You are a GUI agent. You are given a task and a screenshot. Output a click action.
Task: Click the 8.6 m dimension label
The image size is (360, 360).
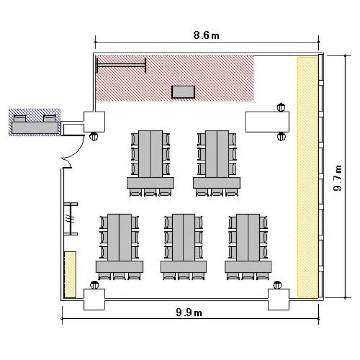206,35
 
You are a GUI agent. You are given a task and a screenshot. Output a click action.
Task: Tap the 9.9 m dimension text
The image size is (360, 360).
189,312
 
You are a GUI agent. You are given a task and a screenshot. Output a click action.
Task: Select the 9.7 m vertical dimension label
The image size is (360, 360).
338,178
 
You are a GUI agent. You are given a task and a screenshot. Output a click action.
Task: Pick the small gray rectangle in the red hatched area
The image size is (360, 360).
183,92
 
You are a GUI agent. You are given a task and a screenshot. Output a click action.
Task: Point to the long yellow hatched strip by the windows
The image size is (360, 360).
307,177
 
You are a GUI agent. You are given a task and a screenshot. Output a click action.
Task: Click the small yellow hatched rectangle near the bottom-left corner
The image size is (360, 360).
70,275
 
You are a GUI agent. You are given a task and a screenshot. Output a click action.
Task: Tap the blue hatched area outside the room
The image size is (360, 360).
35,122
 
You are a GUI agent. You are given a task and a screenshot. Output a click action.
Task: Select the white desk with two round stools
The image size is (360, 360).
267,122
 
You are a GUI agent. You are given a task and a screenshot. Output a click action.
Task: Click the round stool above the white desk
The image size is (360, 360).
281,107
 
